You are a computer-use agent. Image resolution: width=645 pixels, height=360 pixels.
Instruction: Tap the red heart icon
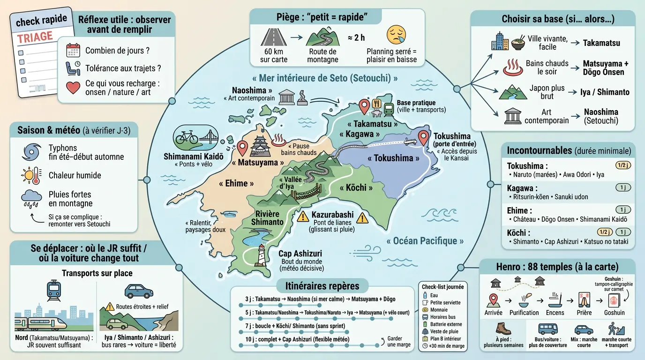click(73, 87)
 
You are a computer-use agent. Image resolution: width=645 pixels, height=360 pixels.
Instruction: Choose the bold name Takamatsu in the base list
click(601, 43)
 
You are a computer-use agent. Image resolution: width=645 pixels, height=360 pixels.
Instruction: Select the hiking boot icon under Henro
click(503, 329)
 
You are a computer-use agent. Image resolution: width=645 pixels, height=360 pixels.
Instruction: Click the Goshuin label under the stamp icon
click(614, 313)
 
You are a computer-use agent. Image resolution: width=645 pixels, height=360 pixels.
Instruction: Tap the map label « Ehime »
click(236, 183)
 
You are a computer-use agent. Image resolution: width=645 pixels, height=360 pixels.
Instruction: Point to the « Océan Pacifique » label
click(425, 241)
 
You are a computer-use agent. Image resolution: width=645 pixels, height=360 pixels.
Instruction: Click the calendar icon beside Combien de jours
click(73, 50)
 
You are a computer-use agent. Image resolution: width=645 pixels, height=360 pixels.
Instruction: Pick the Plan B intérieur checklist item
click(445, 338)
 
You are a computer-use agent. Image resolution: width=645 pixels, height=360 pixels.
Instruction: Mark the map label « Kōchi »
click(356, 187)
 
